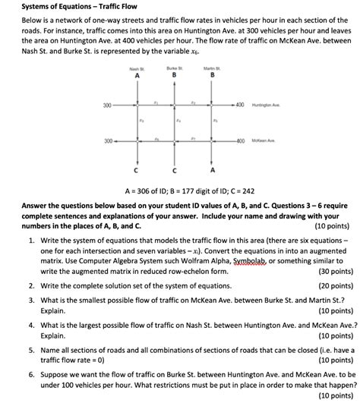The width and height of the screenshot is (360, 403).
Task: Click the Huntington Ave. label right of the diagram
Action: pos(266,104)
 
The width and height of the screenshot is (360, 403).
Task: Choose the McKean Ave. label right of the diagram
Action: pos(264,141)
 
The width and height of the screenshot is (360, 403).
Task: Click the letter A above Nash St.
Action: pos(137,75)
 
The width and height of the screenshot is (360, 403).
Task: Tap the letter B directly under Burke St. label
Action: pos(176,75)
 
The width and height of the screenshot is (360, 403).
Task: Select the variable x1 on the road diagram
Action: pos(156,99)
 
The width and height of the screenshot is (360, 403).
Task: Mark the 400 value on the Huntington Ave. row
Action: pos(241,104)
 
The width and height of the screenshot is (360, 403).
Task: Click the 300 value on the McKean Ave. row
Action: pos(109,141)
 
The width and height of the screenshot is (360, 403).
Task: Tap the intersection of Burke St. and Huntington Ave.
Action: pos(175,104)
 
